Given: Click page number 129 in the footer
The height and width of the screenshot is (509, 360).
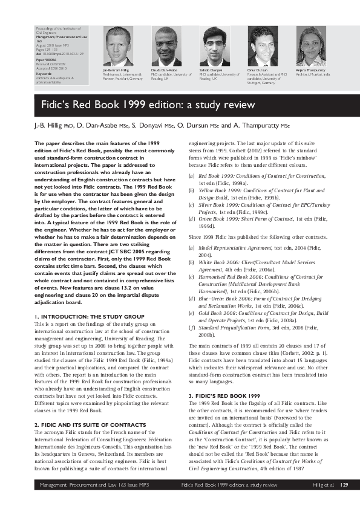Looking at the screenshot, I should coord(344,502).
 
